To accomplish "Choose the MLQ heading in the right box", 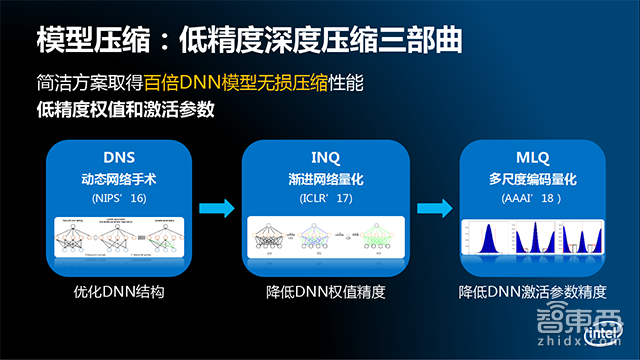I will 532,158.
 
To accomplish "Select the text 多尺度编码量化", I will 532,180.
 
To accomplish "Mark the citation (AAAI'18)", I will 532,199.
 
